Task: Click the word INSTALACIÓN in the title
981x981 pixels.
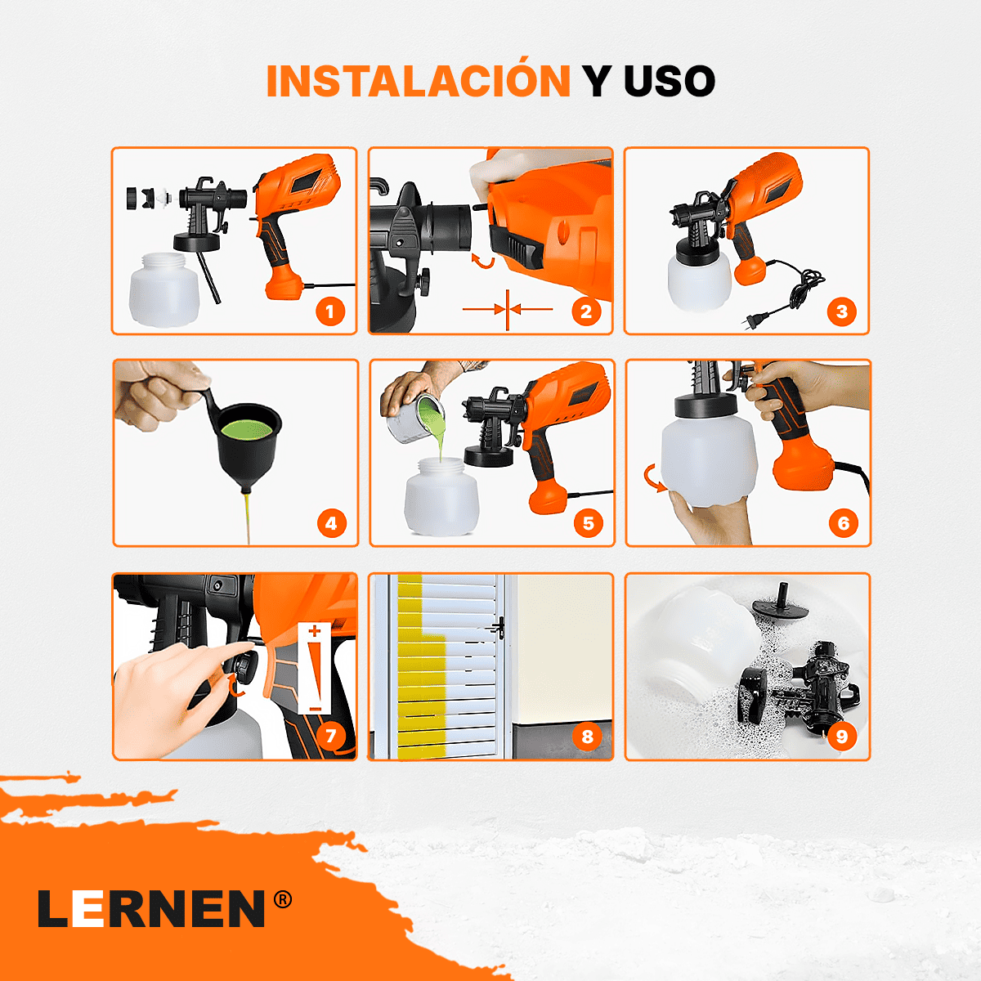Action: click(x=418, y=81)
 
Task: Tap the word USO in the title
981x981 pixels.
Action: click(x=669, y=81)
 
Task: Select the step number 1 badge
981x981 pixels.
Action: click(x=330, y=311)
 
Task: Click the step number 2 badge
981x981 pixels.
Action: click(x=586, y=311)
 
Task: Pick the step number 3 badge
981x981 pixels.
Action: click(x=842, y=311)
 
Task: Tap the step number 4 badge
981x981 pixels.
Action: click(x=331, y=523)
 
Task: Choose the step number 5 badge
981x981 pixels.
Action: click(x=588, y=523)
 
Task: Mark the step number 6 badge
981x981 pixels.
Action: click(x=844, y=523)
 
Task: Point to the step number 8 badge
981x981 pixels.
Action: click(x=587, y=737)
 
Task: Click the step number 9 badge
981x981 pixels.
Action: click(x=842, y=737)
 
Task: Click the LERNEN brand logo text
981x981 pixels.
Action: click(x=152, y=909)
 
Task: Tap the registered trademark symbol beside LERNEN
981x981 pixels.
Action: click(x=282, y=900)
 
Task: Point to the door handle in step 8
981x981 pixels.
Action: click(x=497, y=627)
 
